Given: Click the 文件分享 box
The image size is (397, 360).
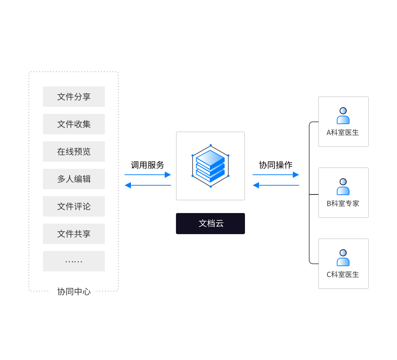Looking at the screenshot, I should [x=74, y=97].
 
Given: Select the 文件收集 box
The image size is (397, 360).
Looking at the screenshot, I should [x=74, y=124].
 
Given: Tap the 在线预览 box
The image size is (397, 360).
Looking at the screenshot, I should [x=74, y=152].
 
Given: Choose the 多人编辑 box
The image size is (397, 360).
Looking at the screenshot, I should [x=74, y=179].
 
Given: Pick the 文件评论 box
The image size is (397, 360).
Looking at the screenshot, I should [x=74, y=206].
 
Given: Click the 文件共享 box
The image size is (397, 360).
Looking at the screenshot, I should [x=74, y=234].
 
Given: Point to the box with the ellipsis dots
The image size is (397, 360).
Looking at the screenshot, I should [x=74, y=261].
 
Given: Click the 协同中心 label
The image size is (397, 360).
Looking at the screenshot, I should [x=74, y=291].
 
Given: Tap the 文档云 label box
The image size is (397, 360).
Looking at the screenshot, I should [x=210, y=224].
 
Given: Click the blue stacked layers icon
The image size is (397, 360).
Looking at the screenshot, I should [x=210, y=166].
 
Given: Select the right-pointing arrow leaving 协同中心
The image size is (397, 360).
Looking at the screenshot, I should [x=148, y=175].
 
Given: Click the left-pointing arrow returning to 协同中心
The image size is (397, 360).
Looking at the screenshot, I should [x=148, y=185].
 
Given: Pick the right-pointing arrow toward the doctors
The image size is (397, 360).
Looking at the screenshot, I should [x=276, y=175].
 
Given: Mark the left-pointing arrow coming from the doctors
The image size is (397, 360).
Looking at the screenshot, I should [x=276, y=185].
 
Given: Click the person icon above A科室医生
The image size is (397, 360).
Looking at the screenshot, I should [x=343, y=116].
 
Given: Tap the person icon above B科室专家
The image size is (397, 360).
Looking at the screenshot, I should [x=343, y=187].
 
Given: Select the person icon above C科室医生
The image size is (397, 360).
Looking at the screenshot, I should [x=343, y=258].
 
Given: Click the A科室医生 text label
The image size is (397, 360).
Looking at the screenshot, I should [x=343, y=133].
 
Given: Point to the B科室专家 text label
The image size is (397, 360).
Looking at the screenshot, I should [x=343, y=204].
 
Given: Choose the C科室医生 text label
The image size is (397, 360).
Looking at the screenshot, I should [x=343, y=275].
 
